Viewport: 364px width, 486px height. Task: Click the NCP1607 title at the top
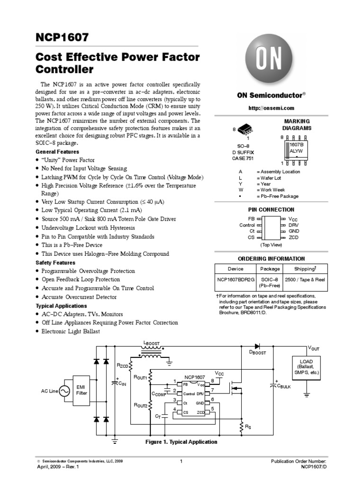point(62,37)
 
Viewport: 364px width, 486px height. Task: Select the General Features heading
point(57,151)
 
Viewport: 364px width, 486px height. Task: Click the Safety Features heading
point(55,262)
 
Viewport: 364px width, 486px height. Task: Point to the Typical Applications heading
point(61,306)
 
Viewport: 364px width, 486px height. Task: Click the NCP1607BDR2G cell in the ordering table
point(235,280)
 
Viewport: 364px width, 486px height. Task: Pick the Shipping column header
point(305,269)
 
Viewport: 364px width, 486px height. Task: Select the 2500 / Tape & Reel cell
point(305,280)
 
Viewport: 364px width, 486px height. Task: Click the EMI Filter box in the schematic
point(82,390)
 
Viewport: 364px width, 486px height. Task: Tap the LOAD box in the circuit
point(307,366)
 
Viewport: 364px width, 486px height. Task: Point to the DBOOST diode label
point(258,353)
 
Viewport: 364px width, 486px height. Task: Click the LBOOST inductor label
point(152,343)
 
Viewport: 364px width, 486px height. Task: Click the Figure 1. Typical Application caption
point(181,442)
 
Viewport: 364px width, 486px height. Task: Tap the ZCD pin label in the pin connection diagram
point(294,237)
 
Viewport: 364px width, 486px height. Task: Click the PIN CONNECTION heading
point(271,209)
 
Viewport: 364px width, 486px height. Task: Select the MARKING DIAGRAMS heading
point(297,125)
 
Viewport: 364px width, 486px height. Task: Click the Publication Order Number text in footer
point(298,461)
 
